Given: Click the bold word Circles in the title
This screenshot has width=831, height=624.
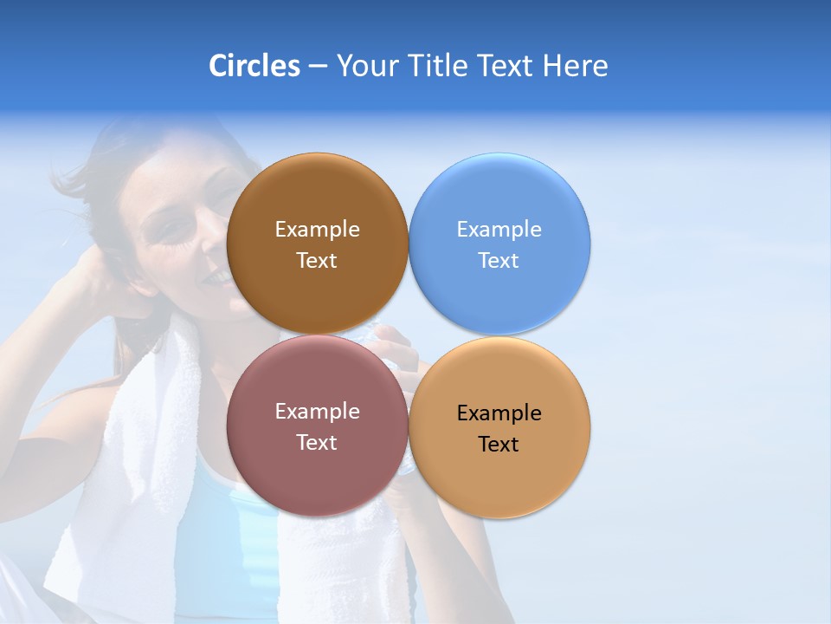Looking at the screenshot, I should coord(254,66).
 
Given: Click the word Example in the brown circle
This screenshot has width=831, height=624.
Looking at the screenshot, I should coord(317,229).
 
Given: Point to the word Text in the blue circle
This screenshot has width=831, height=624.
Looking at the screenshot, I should coord(499,260).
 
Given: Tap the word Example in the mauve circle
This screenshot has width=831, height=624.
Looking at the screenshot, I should coord(317,411).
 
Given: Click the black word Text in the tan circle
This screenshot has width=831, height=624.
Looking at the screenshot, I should coord(499,444).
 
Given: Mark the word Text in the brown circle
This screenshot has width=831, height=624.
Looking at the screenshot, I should coord(317,260).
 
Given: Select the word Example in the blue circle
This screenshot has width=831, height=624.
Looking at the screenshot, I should coord(499,229).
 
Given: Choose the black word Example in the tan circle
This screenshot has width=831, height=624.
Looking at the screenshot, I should coord(499,413).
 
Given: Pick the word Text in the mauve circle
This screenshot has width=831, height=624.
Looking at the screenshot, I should coord(317,442).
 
